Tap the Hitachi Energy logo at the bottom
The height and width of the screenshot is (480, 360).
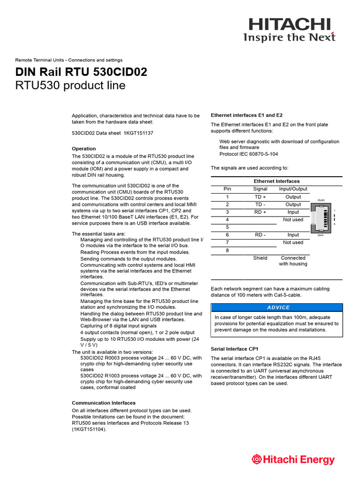tap(293, 459)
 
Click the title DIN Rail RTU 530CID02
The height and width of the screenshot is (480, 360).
tap(81, 72)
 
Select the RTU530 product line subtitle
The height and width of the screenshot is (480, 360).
tap(70, 86)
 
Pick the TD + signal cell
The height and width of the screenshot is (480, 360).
tap(260, 197)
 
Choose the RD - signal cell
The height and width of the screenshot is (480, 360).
tap(260, 235)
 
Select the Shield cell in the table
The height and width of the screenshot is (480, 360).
tap(260, 258)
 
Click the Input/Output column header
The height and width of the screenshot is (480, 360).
tap(293, 189)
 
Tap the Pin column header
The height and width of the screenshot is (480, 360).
tap(227, 189)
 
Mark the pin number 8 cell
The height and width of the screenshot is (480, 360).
tap(227, 250)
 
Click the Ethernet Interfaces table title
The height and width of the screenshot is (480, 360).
tap(277, 181)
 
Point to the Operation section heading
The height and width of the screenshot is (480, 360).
tap(84, 149)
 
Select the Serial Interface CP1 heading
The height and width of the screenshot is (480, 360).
tap(234, 349)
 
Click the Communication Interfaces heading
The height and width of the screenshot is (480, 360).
tap(104, 403)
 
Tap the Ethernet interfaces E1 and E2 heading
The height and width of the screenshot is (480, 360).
tap(247, 115)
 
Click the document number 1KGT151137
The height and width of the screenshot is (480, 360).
tap(138, 133)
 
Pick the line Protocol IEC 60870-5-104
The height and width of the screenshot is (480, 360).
tap(248, 154)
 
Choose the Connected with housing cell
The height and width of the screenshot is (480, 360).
tap(293, 261)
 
